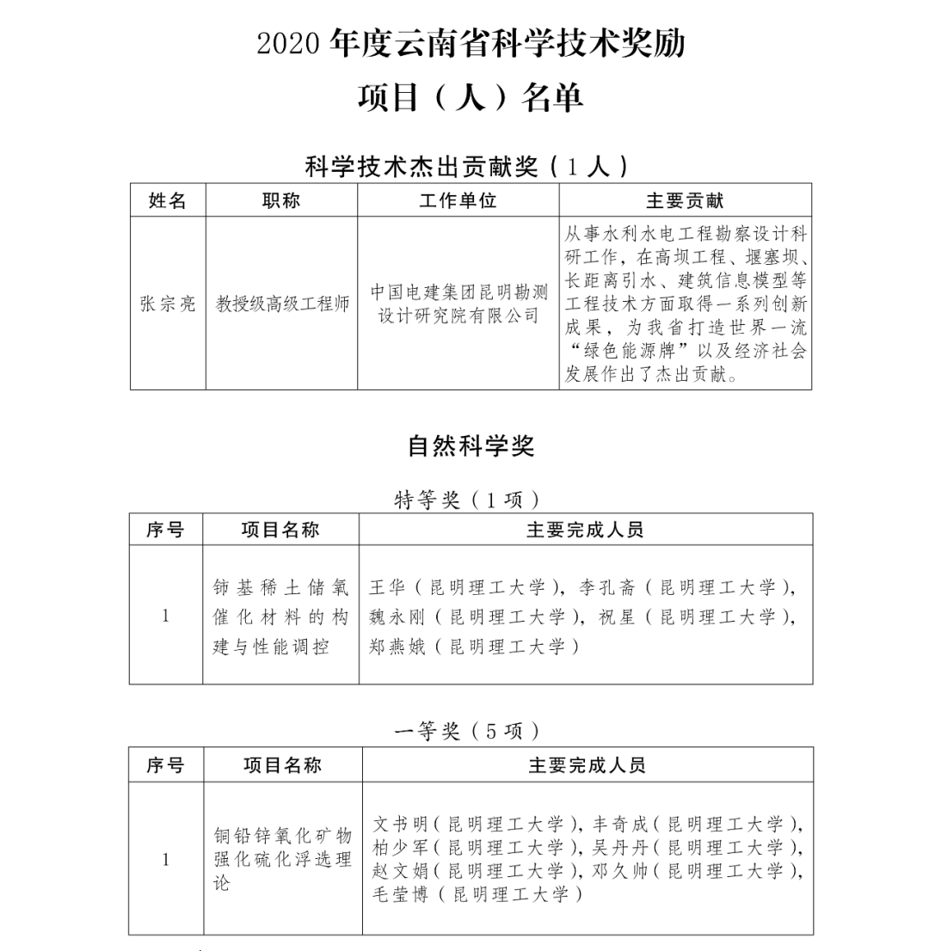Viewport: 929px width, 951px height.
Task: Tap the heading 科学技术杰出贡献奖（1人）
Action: tap(469, 165)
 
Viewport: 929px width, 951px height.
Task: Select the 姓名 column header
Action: tap(168, 200)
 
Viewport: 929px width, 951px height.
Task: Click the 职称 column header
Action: tap(281, 200)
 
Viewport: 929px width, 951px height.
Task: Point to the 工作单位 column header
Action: tap(458, 200)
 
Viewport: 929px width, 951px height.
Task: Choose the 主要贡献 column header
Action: tap(685, 200)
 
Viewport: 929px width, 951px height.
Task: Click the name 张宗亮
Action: tap(168, 304)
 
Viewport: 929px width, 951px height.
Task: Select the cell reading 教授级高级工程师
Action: tap(282, 304)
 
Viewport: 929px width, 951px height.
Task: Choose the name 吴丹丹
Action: tap(620, 847)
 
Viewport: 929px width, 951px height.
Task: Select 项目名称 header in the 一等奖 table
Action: tap(282, 764)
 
